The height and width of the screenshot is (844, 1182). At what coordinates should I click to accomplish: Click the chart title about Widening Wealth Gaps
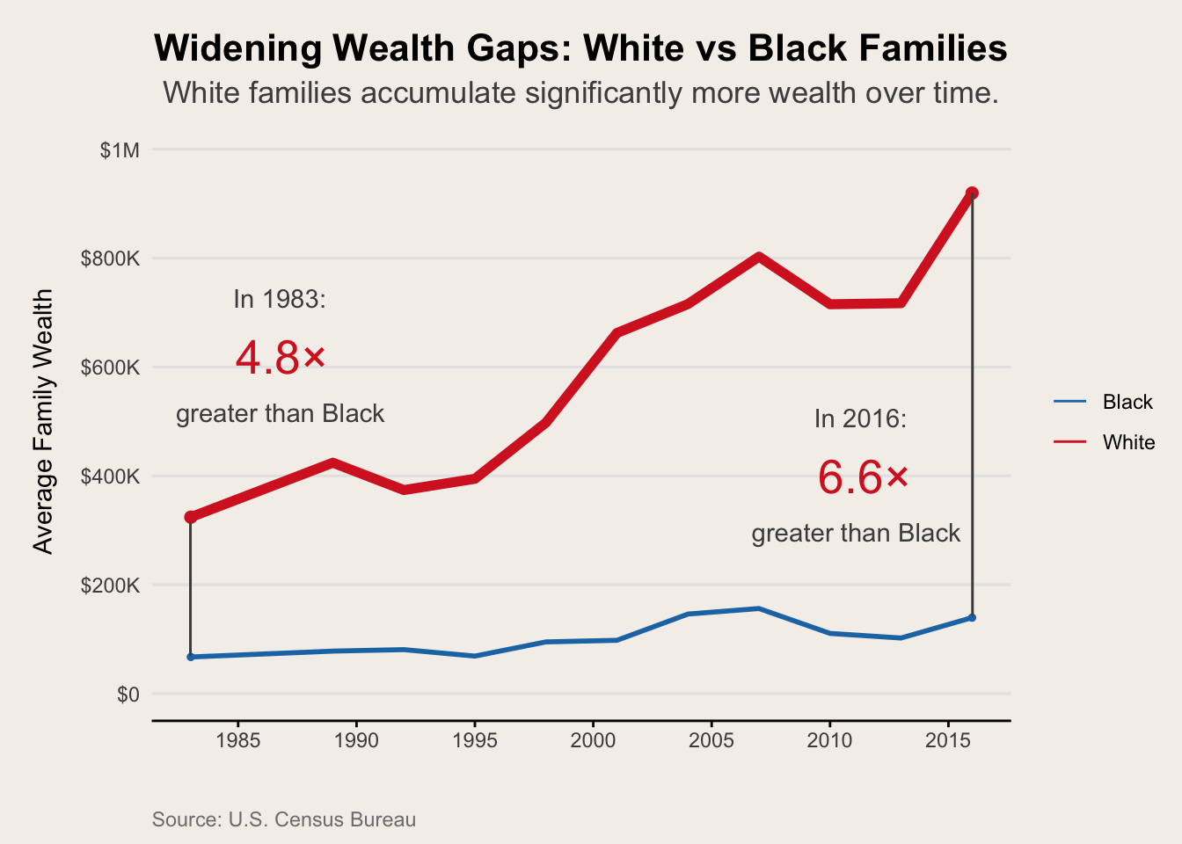click(580, 48)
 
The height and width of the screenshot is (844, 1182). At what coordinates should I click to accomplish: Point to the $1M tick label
click(120, 150)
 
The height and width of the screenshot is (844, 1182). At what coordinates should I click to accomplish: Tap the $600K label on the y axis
click(110, 367)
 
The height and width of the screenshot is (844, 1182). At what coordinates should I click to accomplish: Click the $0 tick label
click(128, 695)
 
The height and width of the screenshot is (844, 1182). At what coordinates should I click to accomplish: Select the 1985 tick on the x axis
click(237, 740)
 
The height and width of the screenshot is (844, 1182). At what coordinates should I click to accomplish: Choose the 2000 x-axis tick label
click(593, 740)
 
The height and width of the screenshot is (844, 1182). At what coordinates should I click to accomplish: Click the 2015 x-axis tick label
click(948, 740)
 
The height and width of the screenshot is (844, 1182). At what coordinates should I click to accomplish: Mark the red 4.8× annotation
click(281, 358)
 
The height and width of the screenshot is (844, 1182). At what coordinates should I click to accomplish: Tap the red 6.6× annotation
click(863, 478)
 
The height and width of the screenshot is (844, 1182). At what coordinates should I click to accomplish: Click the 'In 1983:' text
click(280, 299)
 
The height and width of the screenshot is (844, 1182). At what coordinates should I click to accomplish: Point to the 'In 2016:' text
click(860, 418)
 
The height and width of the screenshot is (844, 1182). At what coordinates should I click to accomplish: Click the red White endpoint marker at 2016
click(972, 193)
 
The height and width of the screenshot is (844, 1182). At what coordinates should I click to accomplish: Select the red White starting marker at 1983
click(191, 517)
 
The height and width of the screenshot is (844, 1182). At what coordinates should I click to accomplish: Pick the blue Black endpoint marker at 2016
click(972, 617)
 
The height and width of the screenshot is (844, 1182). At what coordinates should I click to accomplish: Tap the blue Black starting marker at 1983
click(191, 657)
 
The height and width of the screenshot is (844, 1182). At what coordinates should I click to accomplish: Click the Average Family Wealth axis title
click(43, 422)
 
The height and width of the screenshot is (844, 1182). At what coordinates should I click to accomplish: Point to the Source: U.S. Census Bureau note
click(284, 819)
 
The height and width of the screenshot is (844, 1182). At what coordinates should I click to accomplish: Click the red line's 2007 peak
click(758, 257)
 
